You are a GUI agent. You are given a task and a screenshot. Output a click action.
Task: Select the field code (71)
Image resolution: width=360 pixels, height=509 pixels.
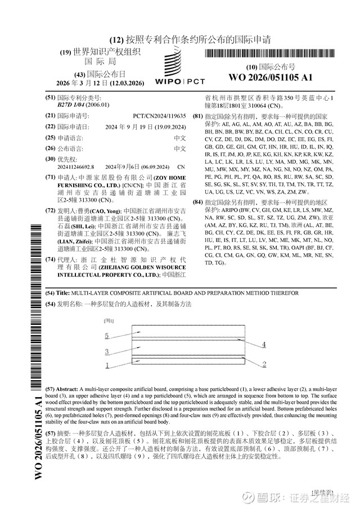[x=50, y=177]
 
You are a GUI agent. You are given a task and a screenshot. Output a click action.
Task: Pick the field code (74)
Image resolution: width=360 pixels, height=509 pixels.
[x=50, y=260]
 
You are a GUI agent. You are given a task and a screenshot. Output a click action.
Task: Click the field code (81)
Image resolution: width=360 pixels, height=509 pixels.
[x=197, y=116]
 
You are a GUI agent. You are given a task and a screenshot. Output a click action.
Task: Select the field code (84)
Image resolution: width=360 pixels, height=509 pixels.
[x=197, y=202]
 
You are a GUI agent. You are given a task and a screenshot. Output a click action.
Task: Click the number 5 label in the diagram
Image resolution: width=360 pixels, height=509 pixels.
[x=106, y=336]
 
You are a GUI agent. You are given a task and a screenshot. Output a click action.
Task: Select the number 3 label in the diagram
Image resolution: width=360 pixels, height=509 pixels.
[x=106, y=352]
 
